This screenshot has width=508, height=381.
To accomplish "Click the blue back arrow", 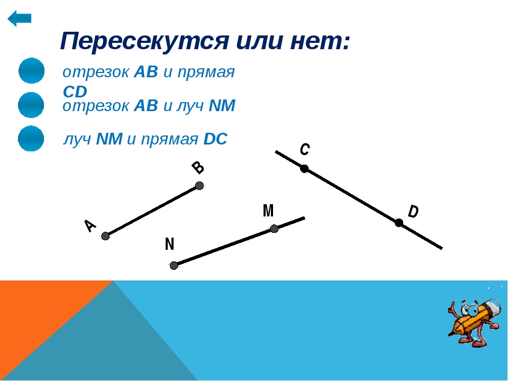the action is [x=20, y=18].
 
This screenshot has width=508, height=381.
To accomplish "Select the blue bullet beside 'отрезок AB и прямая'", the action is [x=31, y=70].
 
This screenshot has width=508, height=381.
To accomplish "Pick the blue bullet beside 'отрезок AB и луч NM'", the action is [x=31, y=105].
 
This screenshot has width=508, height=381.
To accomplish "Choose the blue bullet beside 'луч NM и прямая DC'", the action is [x=31, y=138].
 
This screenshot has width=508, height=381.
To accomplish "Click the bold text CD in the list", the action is [x=75, y=92].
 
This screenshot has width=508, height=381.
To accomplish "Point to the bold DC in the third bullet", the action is [x=215, y=139].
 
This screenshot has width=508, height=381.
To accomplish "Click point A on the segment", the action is [x=105, y=236].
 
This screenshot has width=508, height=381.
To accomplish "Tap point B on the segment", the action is [x=199, y=186].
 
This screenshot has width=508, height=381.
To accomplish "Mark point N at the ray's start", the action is [x=174, y=266].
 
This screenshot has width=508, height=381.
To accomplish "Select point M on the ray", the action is [x=274, y=229].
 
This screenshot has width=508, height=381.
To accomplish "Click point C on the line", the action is [x=304, y=169].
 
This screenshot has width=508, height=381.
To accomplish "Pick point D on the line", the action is [x=399, y=223].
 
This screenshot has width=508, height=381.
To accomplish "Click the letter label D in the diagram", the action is [x=413, y=212].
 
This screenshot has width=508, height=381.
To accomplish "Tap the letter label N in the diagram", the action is [x=169, y=243].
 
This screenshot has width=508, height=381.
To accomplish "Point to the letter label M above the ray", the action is [x=268, y=211].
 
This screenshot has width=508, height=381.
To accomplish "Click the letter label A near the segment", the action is [x=90, y=226].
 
